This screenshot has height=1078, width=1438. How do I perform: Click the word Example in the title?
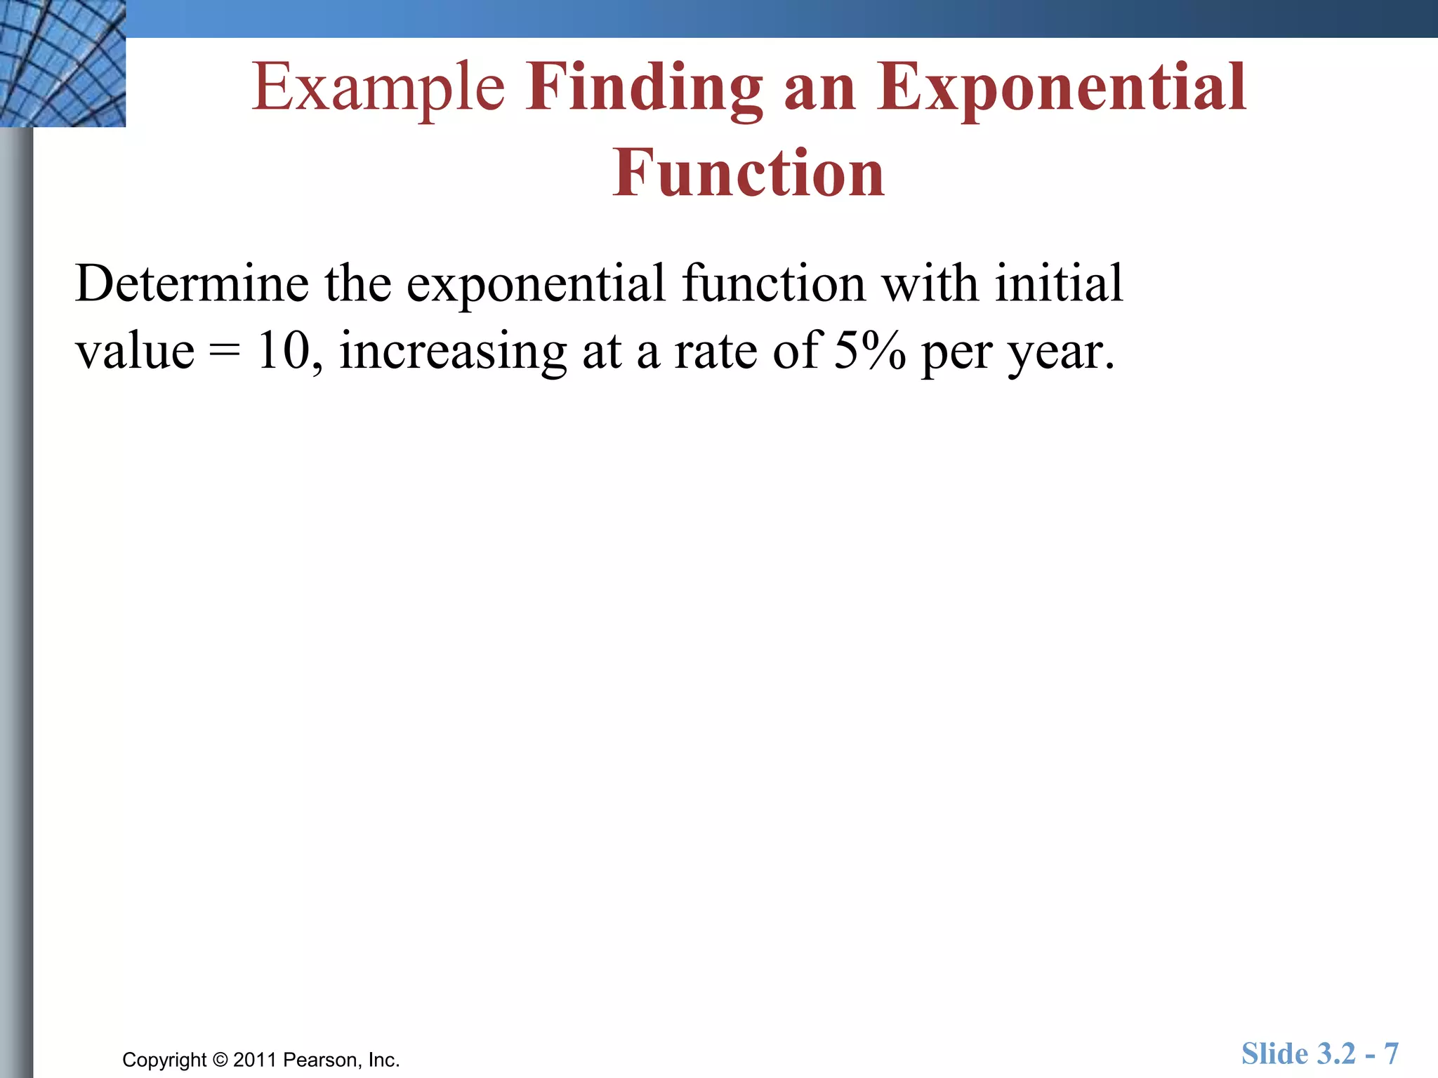coord(378,88)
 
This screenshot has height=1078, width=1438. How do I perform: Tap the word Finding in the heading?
coord(644,88)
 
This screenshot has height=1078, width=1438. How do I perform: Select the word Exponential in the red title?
coord(1061,88)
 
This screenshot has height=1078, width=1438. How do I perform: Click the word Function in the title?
coord(748,174)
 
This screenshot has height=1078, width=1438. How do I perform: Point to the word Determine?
coord(191,284)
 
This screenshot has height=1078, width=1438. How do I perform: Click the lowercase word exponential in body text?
coord(536,284)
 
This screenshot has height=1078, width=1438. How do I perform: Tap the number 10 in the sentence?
coord(284,350)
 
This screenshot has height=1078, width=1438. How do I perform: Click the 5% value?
coord(870,350)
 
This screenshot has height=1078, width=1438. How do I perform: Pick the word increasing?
coord(453,350)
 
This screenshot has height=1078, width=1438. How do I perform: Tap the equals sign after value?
coord(224,351)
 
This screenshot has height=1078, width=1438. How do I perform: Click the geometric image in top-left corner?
coord(62,63)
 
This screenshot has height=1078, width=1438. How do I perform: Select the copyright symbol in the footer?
coord(220,1060)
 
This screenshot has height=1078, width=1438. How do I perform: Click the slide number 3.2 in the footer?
coord(1336,1054)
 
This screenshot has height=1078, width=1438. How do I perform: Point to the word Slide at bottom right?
coord(1274,1054)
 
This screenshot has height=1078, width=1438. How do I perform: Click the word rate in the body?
coord(715,351)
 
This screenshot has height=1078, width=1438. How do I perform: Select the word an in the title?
coord(819,88)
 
